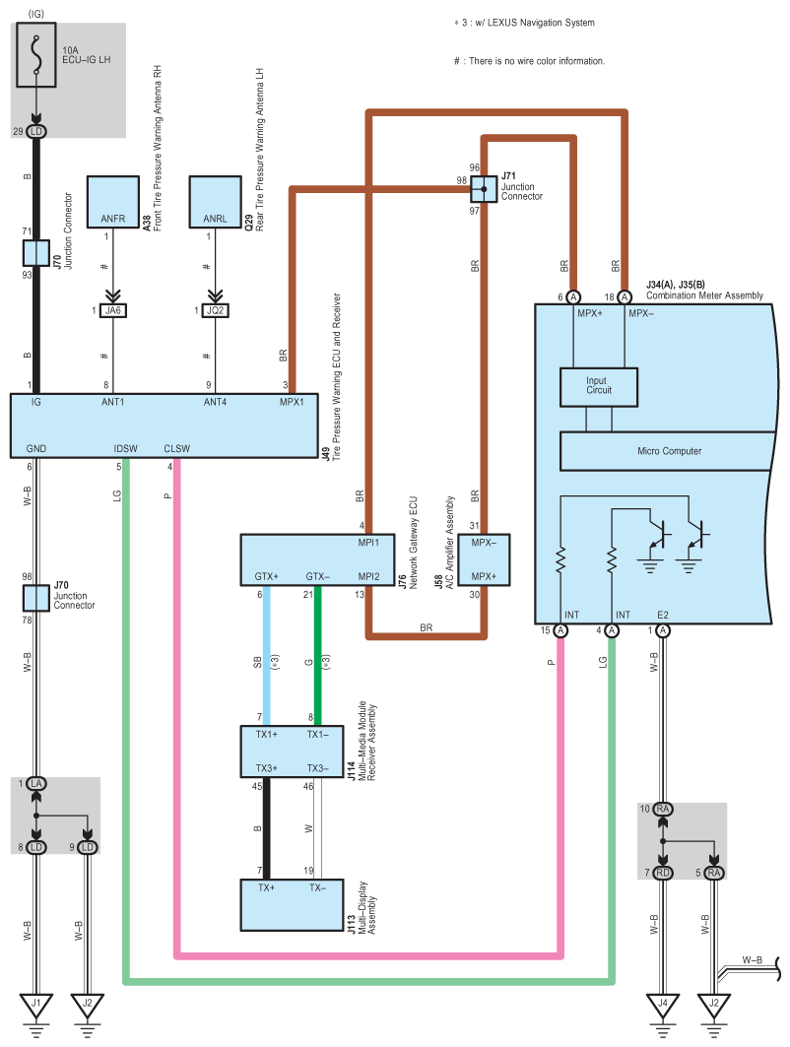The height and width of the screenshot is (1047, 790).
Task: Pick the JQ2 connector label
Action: pyautogui.click(x=215, y=310)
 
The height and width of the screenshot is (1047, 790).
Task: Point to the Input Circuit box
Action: pyautogui.click(x=598, y=387)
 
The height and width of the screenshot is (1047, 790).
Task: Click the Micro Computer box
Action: pyautogui.click(x=669, y=451)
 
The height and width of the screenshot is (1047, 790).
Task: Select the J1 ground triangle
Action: pyautogui.click(x=36, y=1007)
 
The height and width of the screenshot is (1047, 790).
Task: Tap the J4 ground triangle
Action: pyautogui.click(x=663, y=1007)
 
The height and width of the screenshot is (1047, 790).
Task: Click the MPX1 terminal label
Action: pyautogui.click(x=292, y=402)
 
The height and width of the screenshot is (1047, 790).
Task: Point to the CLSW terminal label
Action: pyautogui.click(x=177, y=449)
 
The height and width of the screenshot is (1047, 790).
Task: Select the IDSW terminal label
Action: pyautogui.click(x=125, y=449)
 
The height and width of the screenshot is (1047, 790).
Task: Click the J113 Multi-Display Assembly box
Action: pyautogui.click(x=297, y=904)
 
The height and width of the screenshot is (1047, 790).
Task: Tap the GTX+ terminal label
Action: pyautogui.click(x=266, y=575)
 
